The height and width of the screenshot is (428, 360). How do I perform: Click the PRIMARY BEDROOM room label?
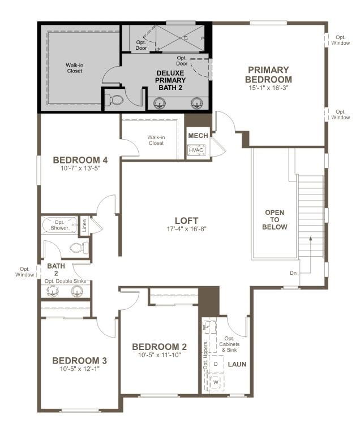pos(269,75)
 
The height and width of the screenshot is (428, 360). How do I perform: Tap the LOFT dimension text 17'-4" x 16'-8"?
pos(186,230)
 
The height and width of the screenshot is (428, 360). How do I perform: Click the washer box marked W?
pos(216,383)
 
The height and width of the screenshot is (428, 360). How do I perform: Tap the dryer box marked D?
pos(216,364)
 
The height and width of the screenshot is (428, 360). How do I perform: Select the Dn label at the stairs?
pos(293,273)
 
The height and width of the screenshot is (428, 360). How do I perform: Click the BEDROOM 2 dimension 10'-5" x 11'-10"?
pos(159,355)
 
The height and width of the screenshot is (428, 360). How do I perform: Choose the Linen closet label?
pos(85,226)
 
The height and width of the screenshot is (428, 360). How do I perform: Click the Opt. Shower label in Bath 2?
pos(62,225)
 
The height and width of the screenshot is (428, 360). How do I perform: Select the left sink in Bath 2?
pos(53,291)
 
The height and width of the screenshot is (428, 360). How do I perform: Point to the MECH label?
pos(198,136)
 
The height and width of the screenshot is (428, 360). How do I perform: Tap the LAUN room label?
pos(237,364)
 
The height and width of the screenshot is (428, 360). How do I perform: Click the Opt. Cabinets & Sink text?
pos(229,347)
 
